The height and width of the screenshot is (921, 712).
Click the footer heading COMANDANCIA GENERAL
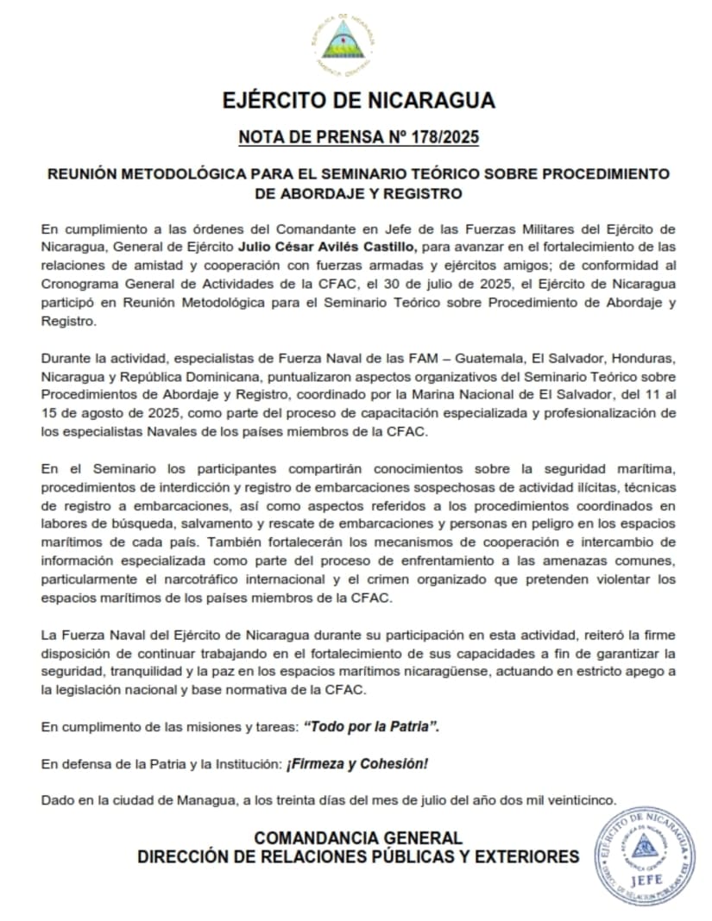coord(358,837)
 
